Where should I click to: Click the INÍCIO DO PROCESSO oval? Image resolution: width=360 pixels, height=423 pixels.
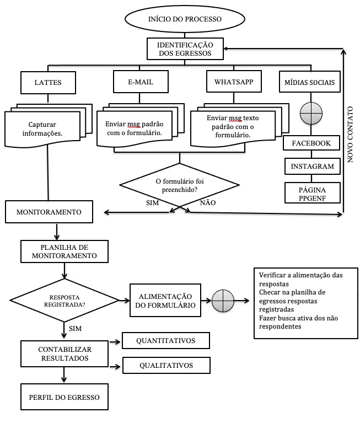point(185,19)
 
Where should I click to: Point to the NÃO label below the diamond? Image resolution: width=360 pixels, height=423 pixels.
point(207,203)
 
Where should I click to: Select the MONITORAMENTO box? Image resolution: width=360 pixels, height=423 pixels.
point(49,212)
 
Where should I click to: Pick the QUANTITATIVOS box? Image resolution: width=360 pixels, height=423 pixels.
point(166,341)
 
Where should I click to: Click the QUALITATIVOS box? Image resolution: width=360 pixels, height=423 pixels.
point(166,365)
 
